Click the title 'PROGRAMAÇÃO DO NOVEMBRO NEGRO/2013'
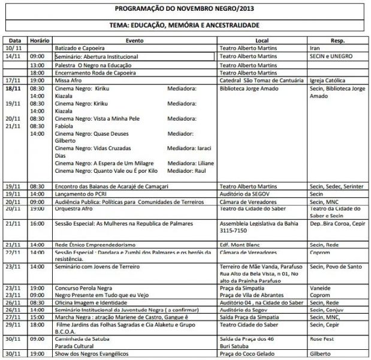pos(184,10)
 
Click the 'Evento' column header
pos(133,40)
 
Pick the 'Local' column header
pos(261,40)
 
